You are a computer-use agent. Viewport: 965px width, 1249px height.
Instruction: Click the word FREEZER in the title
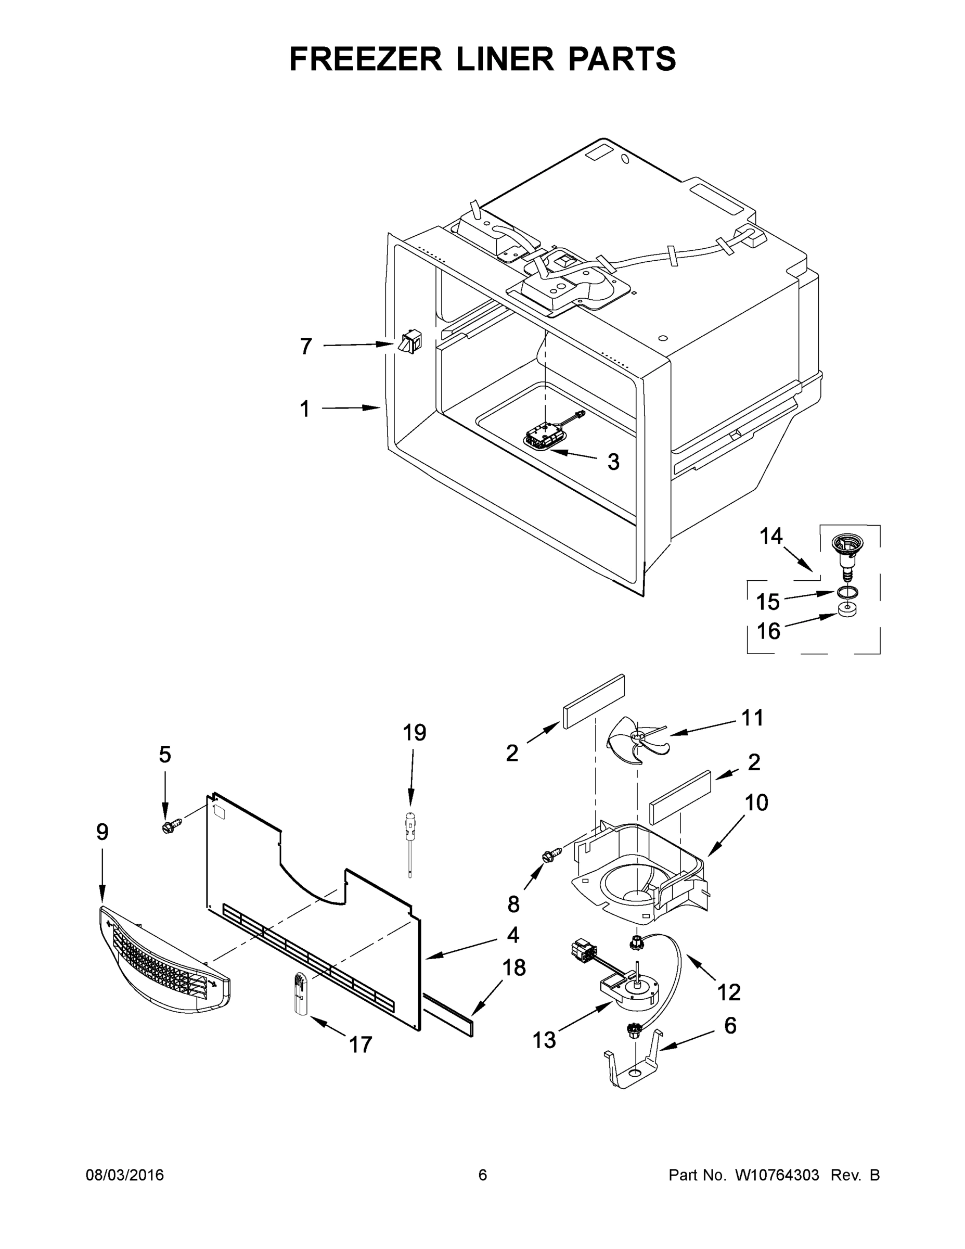(365, 59)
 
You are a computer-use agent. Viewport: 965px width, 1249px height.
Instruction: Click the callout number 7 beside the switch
(306, 347)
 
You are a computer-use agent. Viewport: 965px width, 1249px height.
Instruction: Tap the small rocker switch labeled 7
(409, 341)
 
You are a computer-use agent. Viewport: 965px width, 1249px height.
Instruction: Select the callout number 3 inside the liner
(613, 462)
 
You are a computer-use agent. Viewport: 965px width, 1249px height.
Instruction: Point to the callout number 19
(415, 733)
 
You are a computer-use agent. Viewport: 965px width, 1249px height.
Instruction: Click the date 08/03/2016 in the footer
(125, 1175)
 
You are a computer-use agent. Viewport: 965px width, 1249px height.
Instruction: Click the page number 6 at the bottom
(483, 1175)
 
